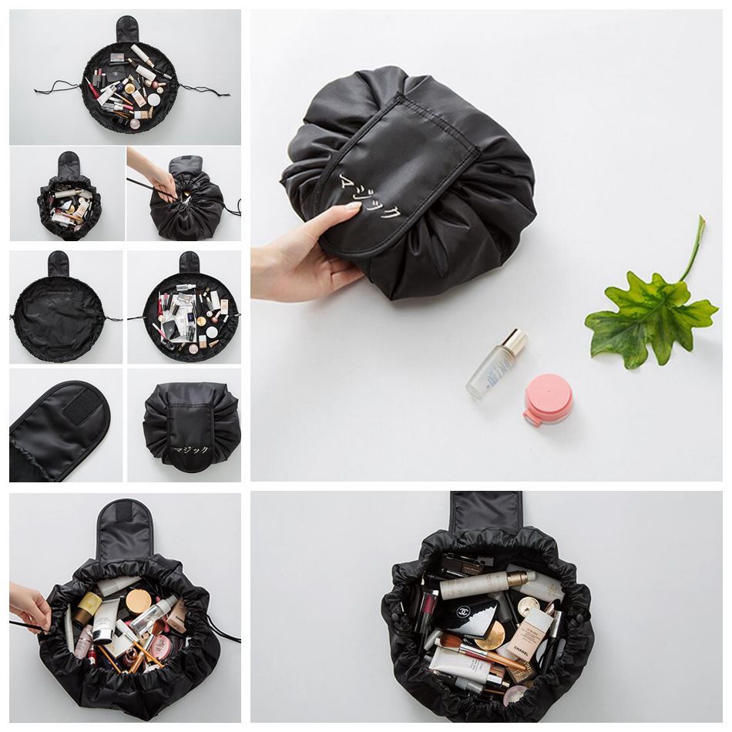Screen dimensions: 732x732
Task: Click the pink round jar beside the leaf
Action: [x=548, y=399]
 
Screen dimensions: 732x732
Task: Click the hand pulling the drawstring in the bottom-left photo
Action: [x=29, y=606]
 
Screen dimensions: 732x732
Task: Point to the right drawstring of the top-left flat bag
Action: [x=204, y=90]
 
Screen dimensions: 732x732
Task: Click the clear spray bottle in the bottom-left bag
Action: [x=151, y=616]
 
